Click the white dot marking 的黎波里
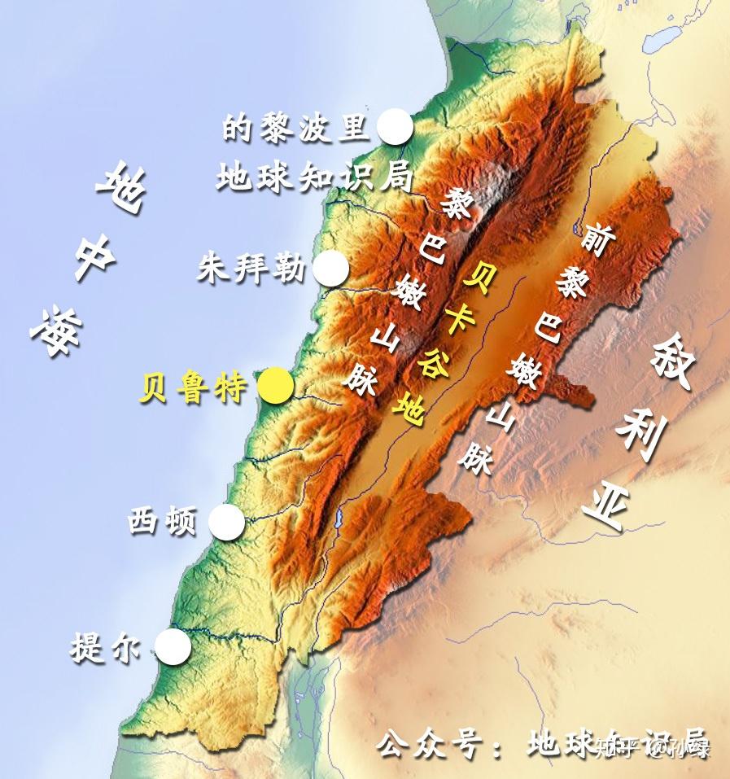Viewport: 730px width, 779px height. click(x=395, y=127)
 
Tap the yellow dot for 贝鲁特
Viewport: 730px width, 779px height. click(x=275, y=387)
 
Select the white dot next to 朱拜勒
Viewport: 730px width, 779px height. click(x=330, y=269)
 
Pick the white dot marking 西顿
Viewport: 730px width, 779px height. click(x=227, y=522)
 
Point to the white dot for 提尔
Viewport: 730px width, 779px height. click(x=173, y=647)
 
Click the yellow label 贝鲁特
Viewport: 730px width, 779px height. click(x=193, y=388)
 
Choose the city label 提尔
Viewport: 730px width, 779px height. click(x=107, y=649)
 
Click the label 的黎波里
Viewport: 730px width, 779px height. click(x=295, y=128)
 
